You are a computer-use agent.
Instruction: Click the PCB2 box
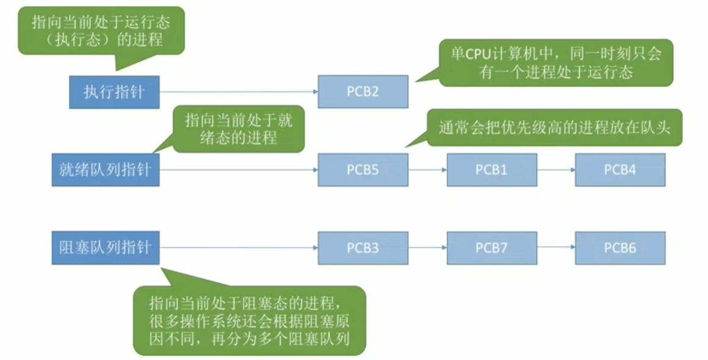coord(363,92)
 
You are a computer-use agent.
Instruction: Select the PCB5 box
coord(363,170)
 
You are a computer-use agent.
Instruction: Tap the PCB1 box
coord(491,170)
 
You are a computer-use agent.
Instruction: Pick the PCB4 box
coord(620,170)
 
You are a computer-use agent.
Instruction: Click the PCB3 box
coord(363,248)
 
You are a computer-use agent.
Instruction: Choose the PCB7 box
coord(491,248)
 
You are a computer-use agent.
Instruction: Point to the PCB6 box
coord(620,248)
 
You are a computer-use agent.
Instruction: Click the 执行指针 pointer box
coord(114,92)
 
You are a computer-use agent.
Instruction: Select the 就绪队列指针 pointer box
coord(105,170)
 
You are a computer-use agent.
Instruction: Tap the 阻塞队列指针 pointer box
coord(105,248)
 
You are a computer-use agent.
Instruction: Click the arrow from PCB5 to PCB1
coord(427,170)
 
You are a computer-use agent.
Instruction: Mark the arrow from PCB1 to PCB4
coord(556,170)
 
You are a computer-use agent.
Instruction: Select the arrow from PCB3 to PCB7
coord(427,248)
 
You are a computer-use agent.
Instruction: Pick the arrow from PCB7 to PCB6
coord(556,248)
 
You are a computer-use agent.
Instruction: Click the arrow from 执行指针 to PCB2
coord(238,92)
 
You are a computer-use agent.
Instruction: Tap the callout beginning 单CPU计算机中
coord(555,63)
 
